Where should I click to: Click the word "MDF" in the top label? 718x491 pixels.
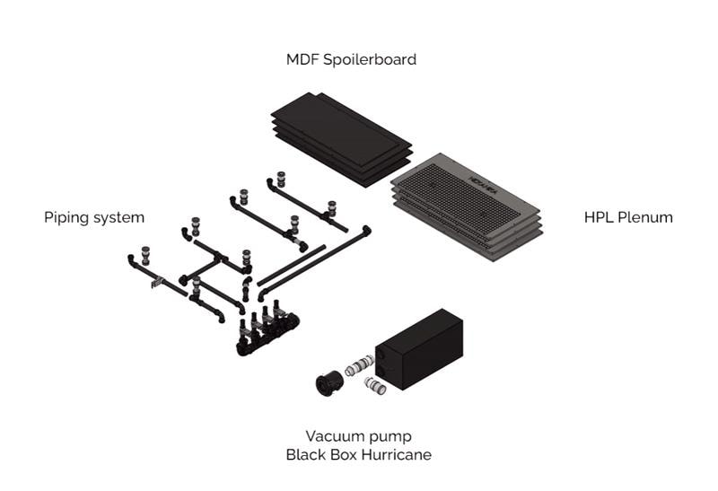[x=303, y=60]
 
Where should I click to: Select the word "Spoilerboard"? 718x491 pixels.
[x=369, y=60]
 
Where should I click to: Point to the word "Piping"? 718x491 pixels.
[x=66, y=217]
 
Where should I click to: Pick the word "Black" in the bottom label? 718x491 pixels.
[x=305, y=454]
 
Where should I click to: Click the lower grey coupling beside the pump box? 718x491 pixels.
[x=376, y=387]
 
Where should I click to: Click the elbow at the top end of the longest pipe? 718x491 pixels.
[x=365, y=231]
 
